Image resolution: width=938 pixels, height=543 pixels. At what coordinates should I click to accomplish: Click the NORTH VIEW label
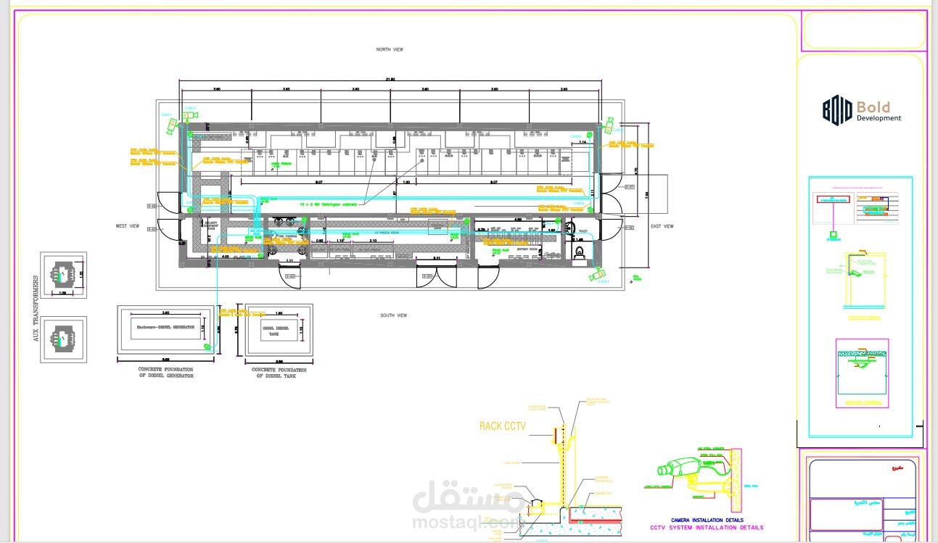[x=389, y=49]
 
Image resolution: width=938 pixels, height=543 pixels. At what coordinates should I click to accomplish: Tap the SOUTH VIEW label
[x=393, y=315]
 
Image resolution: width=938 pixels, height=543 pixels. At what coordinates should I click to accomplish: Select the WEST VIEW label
[x=127, y=226]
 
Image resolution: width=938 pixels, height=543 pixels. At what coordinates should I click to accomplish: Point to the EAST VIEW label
[x=661, y=226]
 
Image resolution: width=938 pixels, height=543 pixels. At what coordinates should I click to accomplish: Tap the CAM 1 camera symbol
[x=172, y=125]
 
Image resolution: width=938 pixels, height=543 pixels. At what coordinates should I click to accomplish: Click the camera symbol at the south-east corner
[x=597, y=275]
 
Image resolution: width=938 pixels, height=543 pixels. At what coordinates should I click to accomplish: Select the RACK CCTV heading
[x=502, y=426]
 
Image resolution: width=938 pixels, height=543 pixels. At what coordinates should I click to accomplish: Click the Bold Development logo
[x=861, y=111]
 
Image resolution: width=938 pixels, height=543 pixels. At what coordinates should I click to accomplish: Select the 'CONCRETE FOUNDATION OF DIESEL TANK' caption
[x=281, y=373]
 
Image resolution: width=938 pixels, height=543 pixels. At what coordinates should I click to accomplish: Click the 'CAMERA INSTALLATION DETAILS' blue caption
[x=707, y=520]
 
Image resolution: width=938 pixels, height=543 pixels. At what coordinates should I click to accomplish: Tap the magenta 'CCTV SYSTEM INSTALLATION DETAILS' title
[x=706, y=528]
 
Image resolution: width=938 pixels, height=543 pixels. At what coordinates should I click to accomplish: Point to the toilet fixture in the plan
[x=580, y=251]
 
